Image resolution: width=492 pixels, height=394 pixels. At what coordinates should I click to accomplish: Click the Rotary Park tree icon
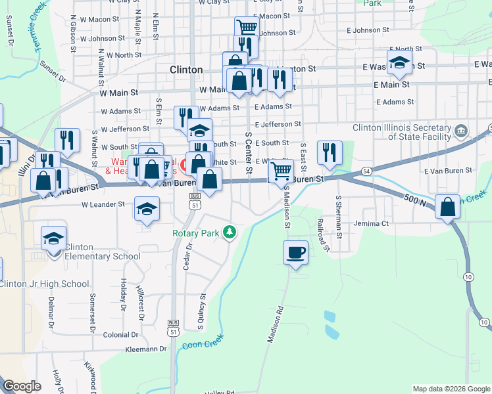(230, 232)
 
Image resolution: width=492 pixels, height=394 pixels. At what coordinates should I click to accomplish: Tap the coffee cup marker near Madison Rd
(295, 252)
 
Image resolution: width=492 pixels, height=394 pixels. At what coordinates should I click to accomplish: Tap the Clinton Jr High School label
(44, 284)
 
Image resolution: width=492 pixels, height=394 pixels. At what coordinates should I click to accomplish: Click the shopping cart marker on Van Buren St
(281, 171)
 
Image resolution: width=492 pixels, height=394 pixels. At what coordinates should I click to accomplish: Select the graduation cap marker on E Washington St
(398, 64)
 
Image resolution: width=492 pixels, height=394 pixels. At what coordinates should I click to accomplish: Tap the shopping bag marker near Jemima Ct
(447, 207)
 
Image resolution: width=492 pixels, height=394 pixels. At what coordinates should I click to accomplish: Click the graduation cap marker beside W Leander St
(146, 210)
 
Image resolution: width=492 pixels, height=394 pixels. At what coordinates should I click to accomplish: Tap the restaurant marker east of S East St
(329, 153)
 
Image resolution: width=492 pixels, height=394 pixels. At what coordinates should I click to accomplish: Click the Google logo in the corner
(22, 386)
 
